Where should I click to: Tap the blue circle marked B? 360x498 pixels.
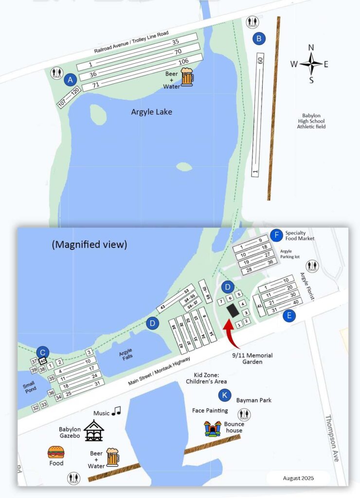coord(260,38)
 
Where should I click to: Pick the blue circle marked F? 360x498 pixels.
coord(276,235)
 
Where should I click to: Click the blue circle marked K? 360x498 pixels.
coord(224,395)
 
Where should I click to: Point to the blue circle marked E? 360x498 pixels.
coord(289,316)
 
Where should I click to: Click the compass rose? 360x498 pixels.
coord(311,64)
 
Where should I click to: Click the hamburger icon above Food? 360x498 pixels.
coord(55,452)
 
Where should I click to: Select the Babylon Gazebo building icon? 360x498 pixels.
coord(93,431)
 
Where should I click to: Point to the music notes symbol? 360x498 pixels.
coord(116,412)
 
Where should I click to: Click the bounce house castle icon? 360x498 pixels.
coord(213,429)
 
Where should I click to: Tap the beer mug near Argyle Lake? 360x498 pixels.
coord(187,77)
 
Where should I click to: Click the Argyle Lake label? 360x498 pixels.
coord(151,112)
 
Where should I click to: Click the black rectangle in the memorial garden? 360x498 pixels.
coord(234,309)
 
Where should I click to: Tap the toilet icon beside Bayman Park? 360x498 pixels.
coord(244,415)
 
